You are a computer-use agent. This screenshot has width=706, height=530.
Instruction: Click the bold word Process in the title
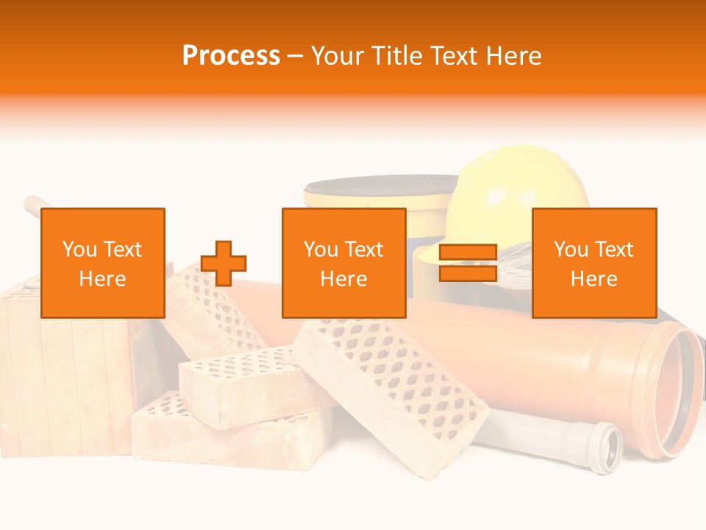231,56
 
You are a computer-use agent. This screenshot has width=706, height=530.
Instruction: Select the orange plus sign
224,263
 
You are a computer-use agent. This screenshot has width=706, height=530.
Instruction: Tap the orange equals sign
468,263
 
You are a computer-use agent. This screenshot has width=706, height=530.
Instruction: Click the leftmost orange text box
103,263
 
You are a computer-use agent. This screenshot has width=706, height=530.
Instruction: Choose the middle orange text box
344,263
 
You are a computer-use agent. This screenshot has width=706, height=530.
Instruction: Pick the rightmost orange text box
594,263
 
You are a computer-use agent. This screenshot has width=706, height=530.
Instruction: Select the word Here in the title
511,56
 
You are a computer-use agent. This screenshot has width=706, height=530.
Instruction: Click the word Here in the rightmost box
594,279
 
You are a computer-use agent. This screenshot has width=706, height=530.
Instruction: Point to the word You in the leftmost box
79,250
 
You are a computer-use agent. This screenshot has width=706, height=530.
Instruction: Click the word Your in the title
337,56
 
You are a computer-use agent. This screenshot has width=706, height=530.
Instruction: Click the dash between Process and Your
296,56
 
